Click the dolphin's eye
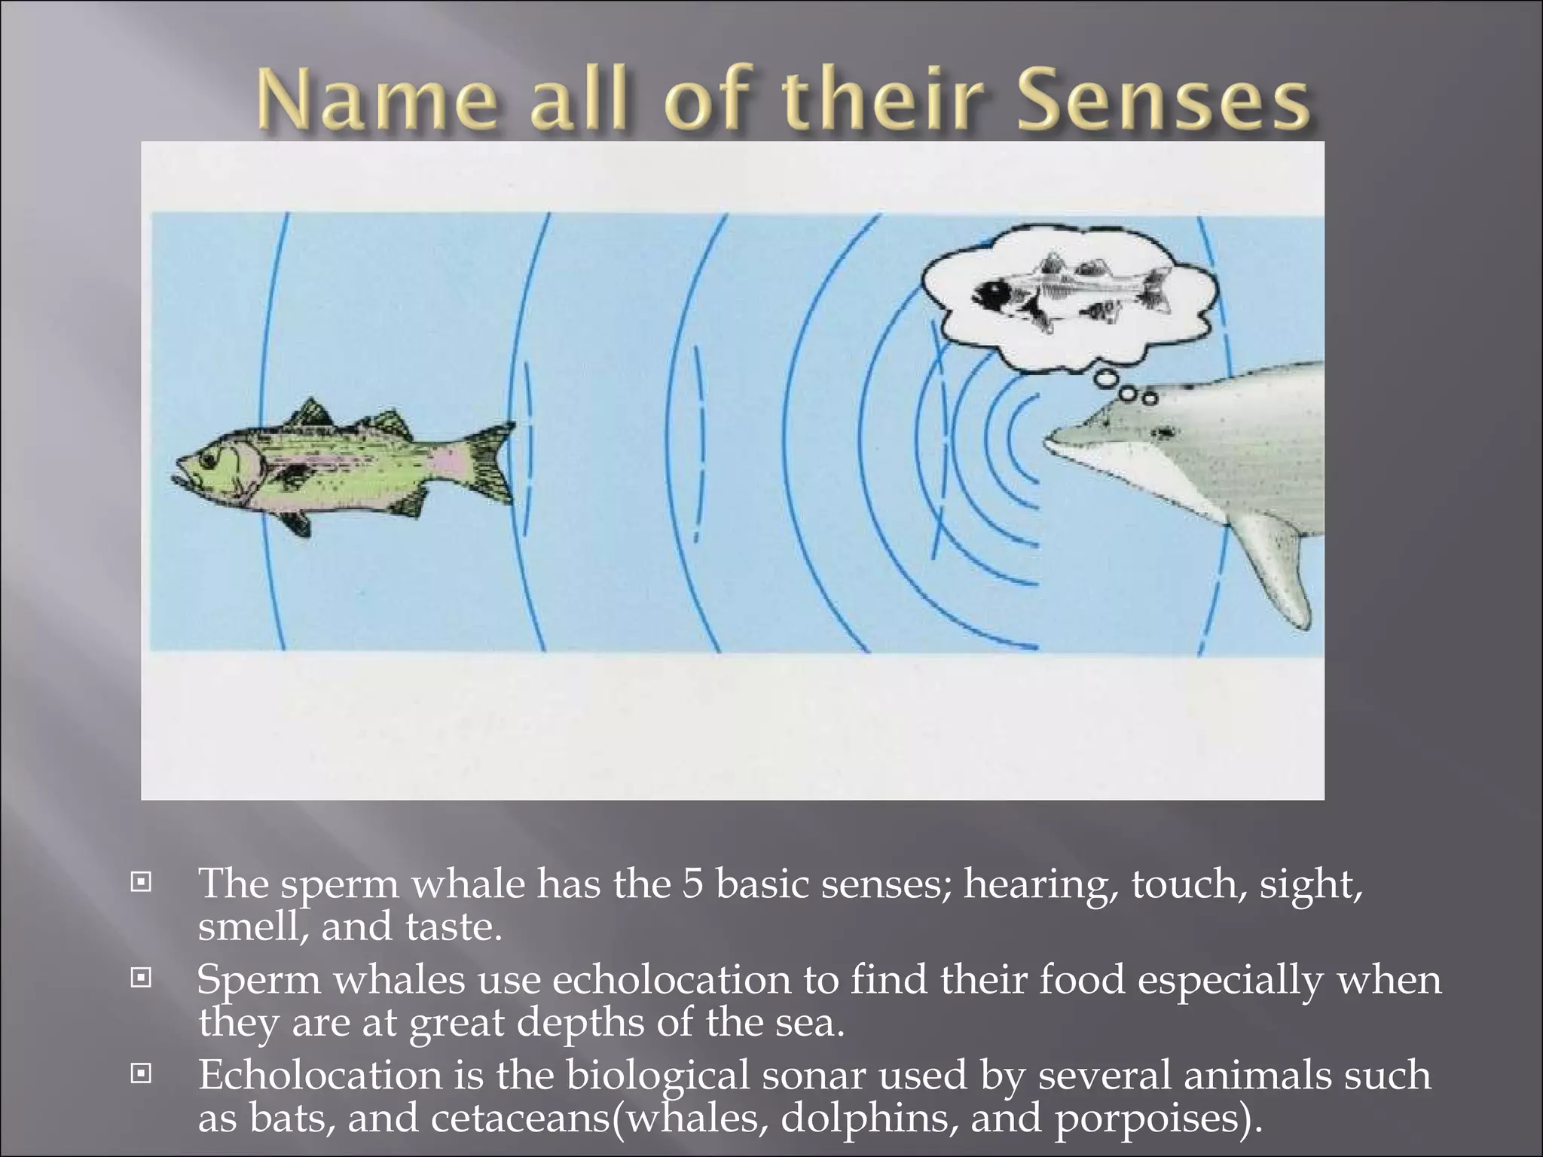pos(1165,432)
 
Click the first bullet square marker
pos(140,882)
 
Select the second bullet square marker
pos(140,978)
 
